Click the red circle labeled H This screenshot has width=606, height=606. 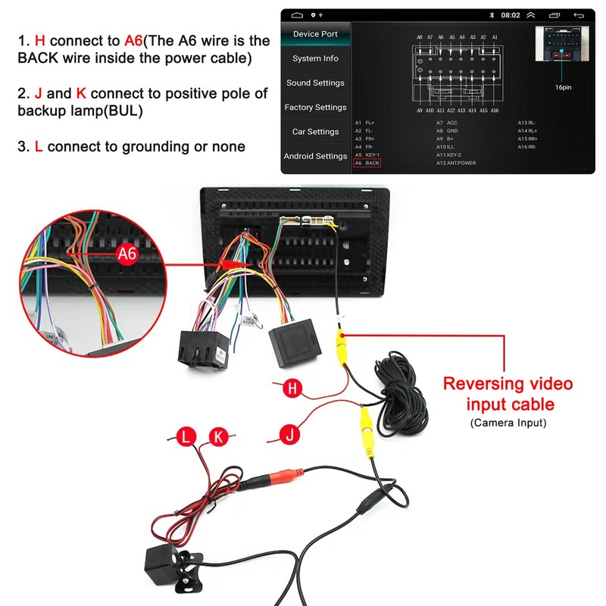point(293,389)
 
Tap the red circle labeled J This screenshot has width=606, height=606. point(289,434)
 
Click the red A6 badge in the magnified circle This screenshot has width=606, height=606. point(127,254)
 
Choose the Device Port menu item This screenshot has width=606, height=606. point(315,34)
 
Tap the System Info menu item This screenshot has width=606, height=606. point(315,58)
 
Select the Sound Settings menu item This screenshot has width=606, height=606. point(315,83)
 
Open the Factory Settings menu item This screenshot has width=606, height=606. point(315,108)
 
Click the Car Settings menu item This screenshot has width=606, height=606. point(315,132)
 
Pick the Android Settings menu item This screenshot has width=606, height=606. point(315,156)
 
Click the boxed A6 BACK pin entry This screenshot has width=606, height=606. point(367,163)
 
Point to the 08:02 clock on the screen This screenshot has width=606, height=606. point(511,15)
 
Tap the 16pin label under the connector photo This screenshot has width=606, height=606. point(563,87)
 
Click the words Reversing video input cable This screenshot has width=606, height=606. point(508,394)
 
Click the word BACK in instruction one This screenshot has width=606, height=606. point(36,58)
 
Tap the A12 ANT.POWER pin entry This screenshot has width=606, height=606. point(456,163)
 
